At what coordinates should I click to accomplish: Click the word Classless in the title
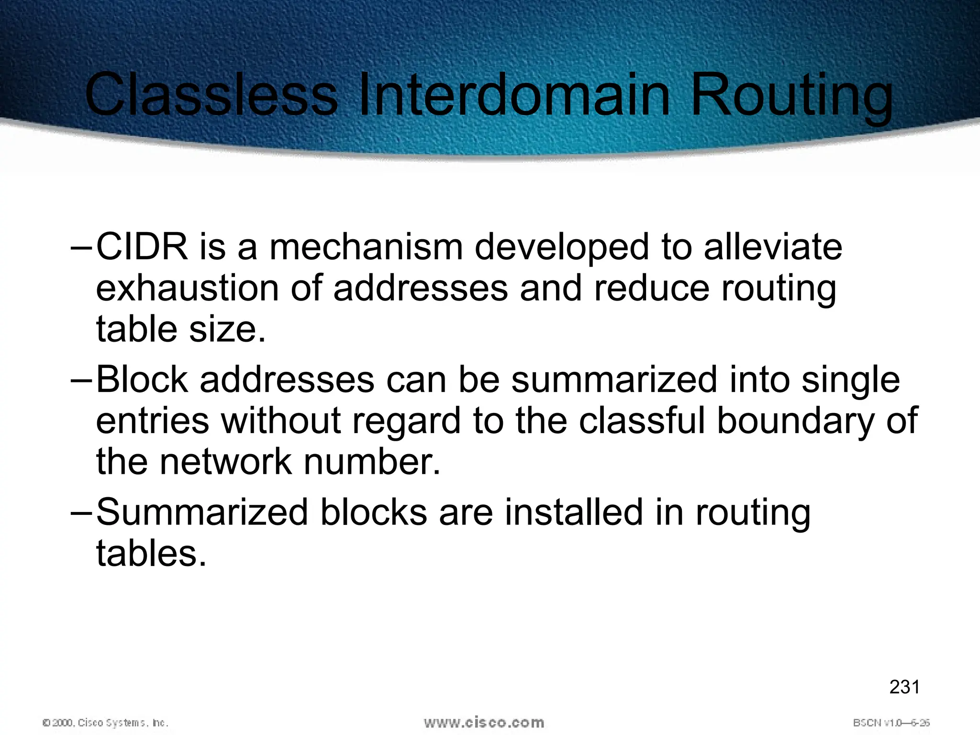pyautogui.click(x=211, y=94)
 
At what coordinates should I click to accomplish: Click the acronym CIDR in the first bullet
pyautogui.click(x=142, y=247)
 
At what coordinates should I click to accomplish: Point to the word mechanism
pyautogui.click(x=366, y=247)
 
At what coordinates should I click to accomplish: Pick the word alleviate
pyautogui.click(x=772, y=247)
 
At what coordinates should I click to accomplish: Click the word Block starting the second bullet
pyautogui.click(x=142, y=379)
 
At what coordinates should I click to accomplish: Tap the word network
pyautogui.click(x=225, y=462)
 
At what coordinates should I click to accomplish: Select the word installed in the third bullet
pyautogui.click(x=574, y=512)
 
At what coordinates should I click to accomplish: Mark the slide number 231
pyautogui.click(x=904, y=687)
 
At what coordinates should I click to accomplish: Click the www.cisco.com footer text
pyautogui.click(x=484, y=723)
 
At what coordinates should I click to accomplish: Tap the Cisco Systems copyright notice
pyautogui.click(x=105, y=723)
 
